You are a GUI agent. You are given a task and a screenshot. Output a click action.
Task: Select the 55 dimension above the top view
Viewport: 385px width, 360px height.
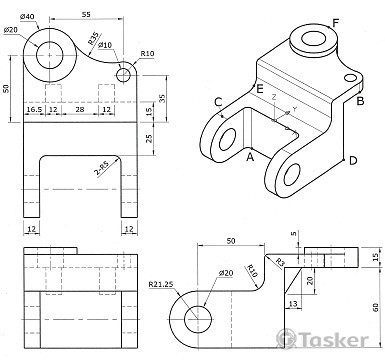(86, 15)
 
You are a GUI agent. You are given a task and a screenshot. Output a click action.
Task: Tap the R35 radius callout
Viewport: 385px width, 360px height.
(93, 38)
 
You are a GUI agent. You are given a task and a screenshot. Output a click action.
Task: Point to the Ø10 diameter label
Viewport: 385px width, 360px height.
(105, 45)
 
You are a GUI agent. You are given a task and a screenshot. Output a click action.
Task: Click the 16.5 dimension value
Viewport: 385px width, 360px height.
(34, 109)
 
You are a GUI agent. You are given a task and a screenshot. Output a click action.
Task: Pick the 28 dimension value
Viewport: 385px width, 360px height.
(80, 109)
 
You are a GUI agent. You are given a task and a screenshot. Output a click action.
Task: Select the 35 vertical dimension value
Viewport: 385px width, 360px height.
(162, 99)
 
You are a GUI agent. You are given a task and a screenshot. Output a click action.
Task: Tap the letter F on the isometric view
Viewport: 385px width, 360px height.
(335, 23)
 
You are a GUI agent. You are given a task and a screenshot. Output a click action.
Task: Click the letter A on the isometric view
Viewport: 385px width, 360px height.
(250, 156)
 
